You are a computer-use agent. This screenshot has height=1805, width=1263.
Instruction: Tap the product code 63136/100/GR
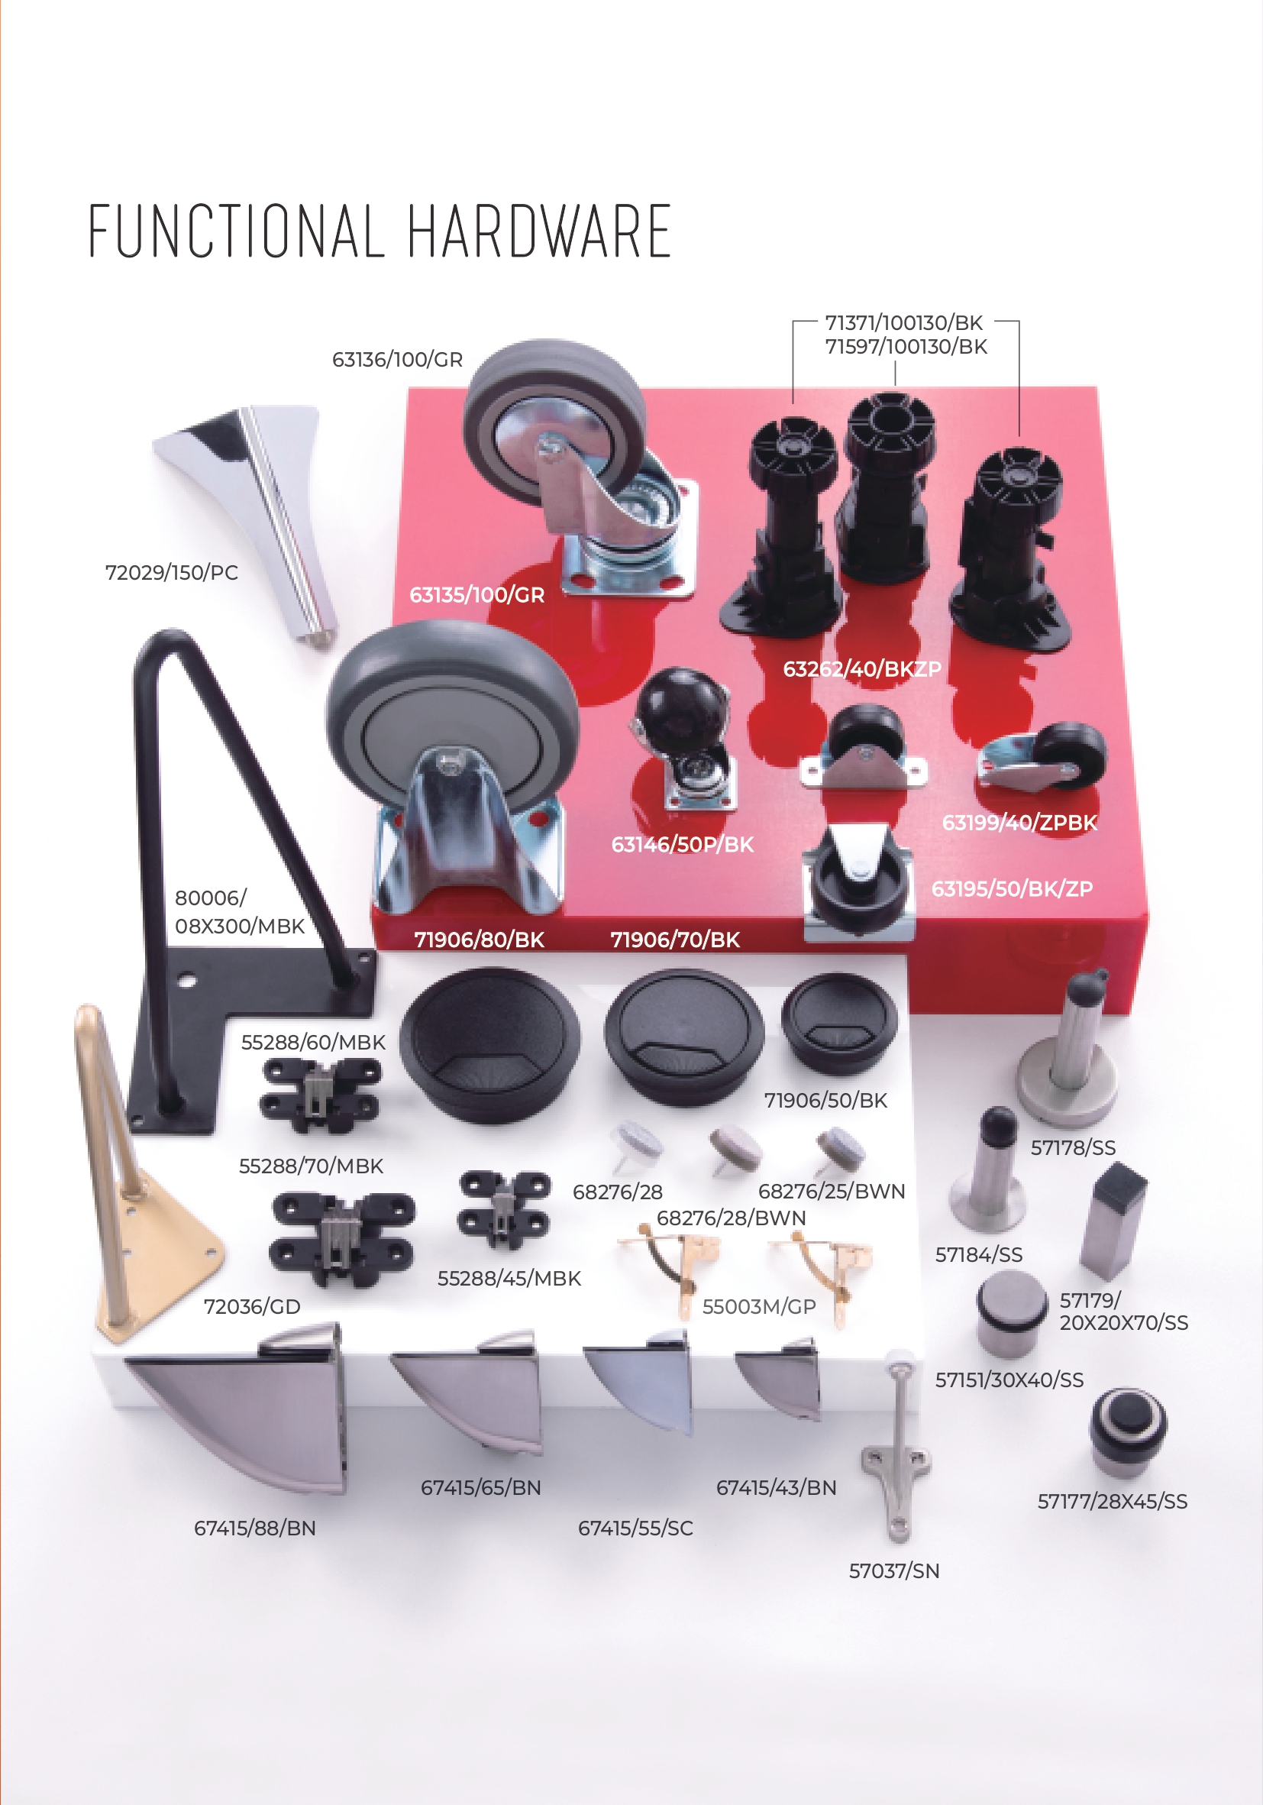(x=398, y=359)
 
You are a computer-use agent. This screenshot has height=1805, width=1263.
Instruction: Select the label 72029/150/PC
(x=171, y=572)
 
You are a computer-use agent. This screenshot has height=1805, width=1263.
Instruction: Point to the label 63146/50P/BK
(x=682, y=844)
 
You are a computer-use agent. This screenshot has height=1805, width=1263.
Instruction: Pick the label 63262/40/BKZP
(x=862, y=669)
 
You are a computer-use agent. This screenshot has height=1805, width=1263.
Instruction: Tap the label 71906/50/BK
(x=826, y=1101)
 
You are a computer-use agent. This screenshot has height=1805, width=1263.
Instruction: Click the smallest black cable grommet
(x=838, y=1022)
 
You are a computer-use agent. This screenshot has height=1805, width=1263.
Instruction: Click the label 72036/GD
(x=252, y=1306)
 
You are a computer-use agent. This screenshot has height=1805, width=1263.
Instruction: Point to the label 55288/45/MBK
(x=509, y=1278)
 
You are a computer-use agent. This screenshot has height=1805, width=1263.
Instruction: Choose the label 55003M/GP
(x=759, y=1306)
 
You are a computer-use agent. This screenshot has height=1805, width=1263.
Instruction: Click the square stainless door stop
(x=1112, y=1222)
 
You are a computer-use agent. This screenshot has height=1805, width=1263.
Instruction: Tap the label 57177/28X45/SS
(x=1112, y=1502)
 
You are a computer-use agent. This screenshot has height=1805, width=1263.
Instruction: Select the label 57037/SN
(x=894, y=1570)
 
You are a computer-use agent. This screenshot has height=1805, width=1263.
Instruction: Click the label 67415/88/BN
(x=254, y=1528)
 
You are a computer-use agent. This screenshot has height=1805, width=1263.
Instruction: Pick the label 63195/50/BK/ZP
(x=1013, y=889)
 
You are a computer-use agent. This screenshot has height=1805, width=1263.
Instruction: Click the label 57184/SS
(x=978, y=1255)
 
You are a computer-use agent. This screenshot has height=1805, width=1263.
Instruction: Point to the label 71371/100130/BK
(x=904, y=323)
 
